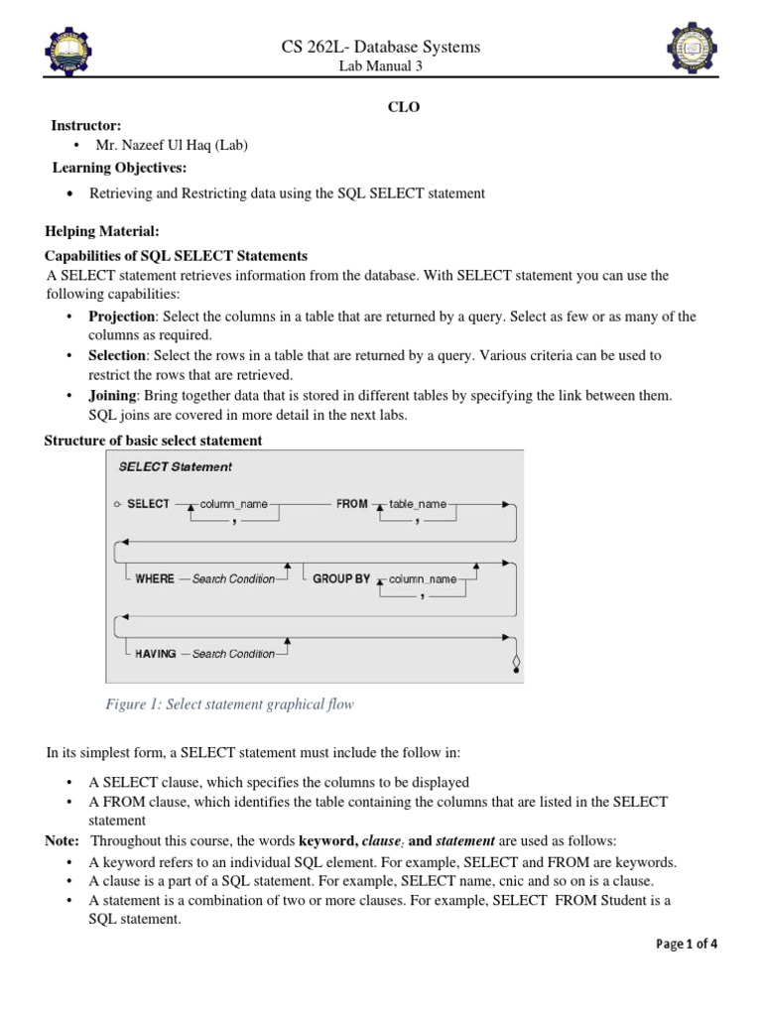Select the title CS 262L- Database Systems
(x=381, y=47)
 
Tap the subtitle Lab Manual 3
(x=381, y=66)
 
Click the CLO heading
(x=403, y=107)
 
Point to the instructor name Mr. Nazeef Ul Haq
(x=172, y=146)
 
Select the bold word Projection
(x=122, y=317)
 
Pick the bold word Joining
(x=112, y=395)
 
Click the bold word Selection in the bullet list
(x=118, y=354)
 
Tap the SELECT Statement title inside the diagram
(x=176, y=466)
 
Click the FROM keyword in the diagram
(x=351, y=504)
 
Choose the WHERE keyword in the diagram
(x=155, y=578)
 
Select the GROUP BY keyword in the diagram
(x=341, y=578)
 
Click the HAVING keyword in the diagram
(x=156, y=654)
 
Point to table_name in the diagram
(x=418, y=504)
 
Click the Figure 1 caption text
(x=229, y=704)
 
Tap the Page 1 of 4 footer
(x=687, y=944)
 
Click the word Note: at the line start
(x=62, y=840)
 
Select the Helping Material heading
(x=101, y=231)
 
